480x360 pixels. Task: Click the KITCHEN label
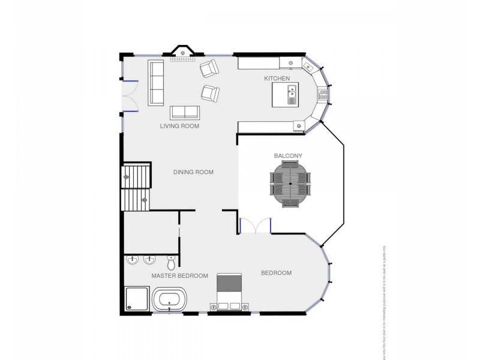(277, 79)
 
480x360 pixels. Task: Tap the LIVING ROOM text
(179, 126)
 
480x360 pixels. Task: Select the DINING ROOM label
(193, 172)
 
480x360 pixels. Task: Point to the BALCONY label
(288, 155)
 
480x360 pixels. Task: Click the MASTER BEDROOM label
(179, 276)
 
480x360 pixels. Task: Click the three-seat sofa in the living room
(156, 83)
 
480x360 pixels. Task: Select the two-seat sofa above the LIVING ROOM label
(185, 112)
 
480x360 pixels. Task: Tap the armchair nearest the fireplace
(209, 70)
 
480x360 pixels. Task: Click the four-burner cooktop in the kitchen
(323, 94)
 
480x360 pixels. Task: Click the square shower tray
(137, 299)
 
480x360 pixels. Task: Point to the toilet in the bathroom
(172, 262)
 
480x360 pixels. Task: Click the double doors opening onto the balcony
(256, 226)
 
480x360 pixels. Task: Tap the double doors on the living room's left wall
(130, 96)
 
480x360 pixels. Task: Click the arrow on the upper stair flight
(128, 178)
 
